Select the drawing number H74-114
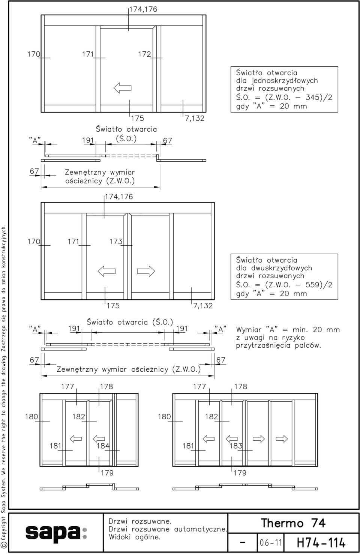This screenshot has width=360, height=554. [x=321, y=543]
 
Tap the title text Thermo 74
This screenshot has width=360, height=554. [x=293, y=523]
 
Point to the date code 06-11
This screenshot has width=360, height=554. [x=271, y=543]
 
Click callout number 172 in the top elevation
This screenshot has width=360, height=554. [x=144, y=54]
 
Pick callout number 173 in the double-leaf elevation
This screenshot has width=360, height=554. [x=116, y=242]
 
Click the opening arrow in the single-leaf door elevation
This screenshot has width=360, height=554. [x=122, y=88]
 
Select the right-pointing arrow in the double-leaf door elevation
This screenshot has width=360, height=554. [x=146, y=271]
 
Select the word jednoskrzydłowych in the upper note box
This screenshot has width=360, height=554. [x=285, y=81]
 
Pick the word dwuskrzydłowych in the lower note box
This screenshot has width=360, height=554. [x=282, y=268]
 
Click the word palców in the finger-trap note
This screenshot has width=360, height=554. [x=308, y=345]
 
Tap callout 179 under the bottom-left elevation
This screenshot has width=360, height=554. [x=107, y=473]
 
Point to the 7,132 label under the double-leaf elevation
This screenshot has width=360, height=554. [x=203, y=306]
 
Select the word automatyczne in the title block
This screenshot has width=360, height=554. [x=201, y=529]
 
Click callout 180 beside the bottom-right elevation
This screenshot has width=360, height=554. [x=164, y=416]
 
